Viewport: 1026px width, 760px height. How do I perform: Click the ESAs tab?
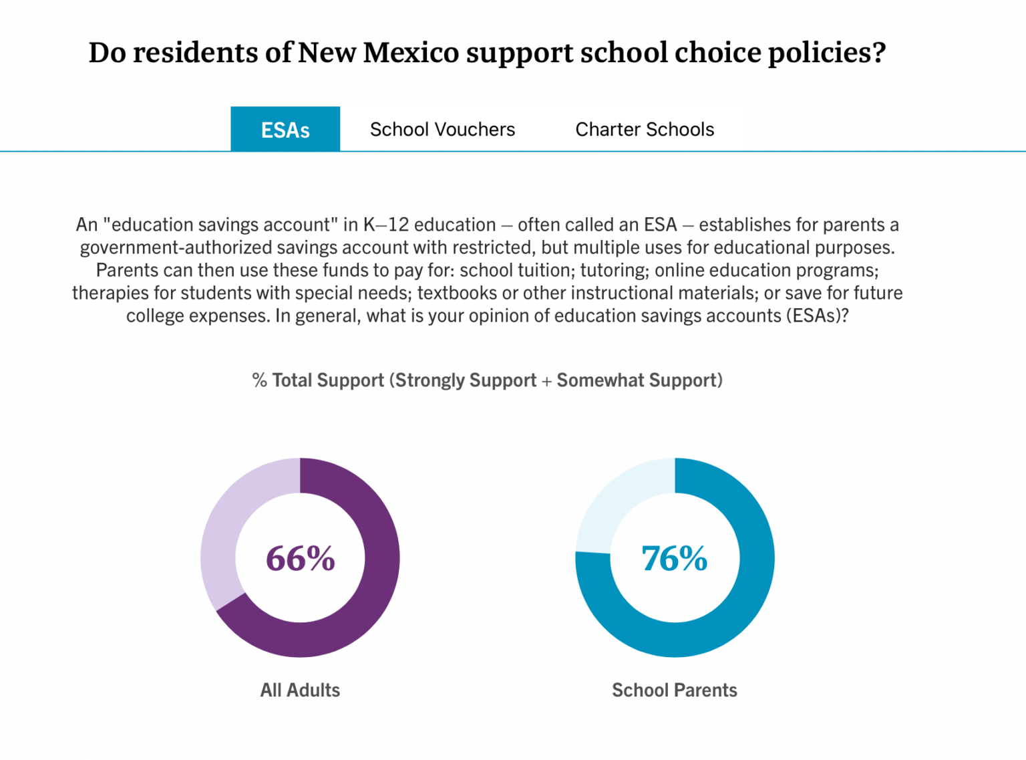[x=285, y=129]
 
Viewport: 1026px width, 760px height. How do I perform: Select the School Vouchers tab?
[x=442, y=129]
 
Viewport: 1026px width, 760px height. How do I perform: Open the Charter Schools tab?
[x=645, y=129]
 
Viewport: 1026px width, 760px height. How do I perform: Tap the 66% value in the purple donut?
[x=300, y=558]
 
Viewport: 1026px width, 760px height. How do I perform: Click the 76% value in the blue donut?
[x=674, y=558]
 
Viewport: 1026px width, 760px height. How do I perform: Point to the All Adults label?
[x=300, y=690]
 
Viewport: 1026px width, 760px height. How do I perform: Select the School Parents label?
[x=674, y=690]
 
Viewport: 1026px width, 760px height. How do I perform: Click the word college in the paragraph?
[x=156, y=315]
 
